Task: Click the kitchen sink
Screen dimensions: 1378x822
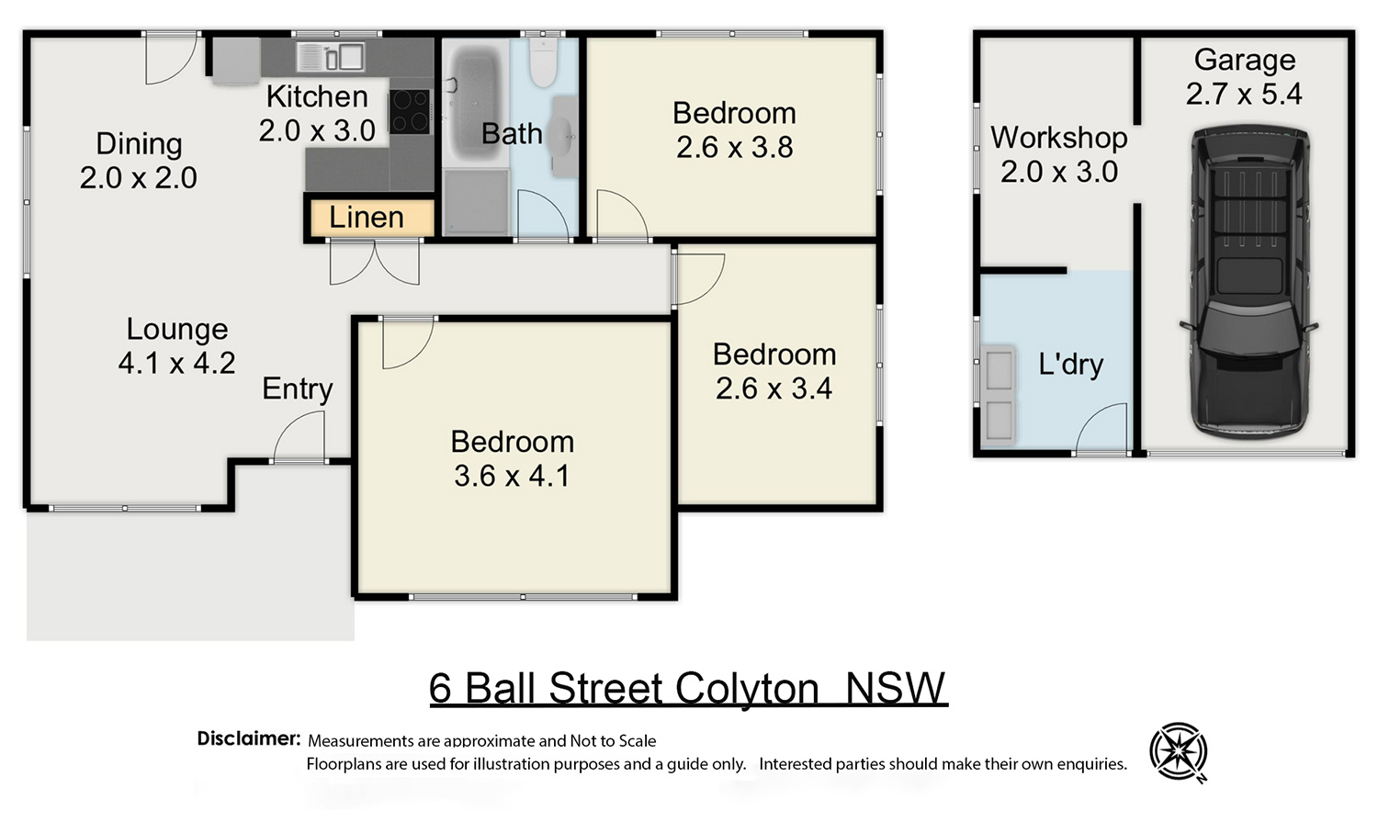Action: click(331, 57)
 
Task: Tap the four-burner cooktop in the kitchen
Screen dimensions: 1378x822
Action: click(410, 111)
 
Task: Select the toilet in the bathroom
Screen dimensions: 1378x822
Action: click(543, 62)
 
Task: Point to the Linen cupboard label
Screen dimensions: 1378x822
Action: click(367, 217)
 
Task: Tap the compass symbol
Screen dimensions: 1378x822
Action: click(1179, 752)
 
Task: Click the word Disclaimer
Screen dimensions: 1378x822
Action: click(249, 738)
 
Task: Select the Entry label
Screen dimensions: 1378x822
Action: click(297, 388)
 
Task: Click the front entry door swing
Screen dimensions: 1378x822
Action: click(299, 435)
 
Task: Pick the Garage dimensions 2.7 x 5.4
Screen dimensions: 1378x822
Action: click(1244, 94)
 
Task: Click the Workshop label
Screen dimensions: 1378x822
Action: click(1058, 137)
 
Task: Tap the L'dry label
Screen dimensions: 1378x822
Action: click(1070, 364)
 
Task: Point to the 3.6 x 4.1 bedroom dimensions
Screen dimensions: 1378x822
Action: click(512, 476)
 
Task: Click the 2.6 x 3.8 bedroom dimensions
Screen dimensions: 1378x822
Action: click(735, 148)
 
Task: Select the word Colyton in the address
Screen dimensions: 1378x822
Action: click(747, 689)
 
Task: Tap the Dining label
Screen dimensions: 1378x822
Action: click(139, 144)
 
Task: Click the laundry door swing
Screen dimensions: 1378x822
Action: click(1101, 428)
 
